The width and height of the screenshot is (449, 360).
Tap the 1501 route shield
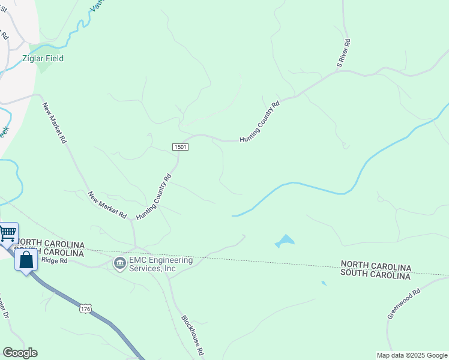coord(181,147)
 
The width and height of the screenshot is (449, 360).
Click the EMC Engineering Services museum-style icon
coord(120,263)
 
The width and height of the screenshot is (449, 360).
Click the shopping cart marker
coord(8,232)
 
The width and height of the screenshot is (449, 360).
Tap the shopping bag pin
coord(26,261)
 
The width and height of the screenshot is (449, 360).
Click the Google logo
coord(20,353)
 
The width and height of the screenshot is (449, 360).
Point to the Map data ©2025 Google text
coord(412,355)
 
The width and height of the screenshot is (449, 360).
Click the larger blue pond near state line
coord(285,241)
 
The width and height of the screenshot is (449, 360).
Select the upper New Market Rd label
coord(53,123)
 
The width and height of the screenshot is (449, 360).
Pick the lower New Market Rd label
coord(107,205)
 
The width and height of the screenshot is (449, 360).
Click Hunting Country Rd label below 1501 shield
coord(154,197)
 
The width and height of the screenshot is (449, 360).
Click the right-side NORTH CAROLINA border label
coord(376,265)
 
